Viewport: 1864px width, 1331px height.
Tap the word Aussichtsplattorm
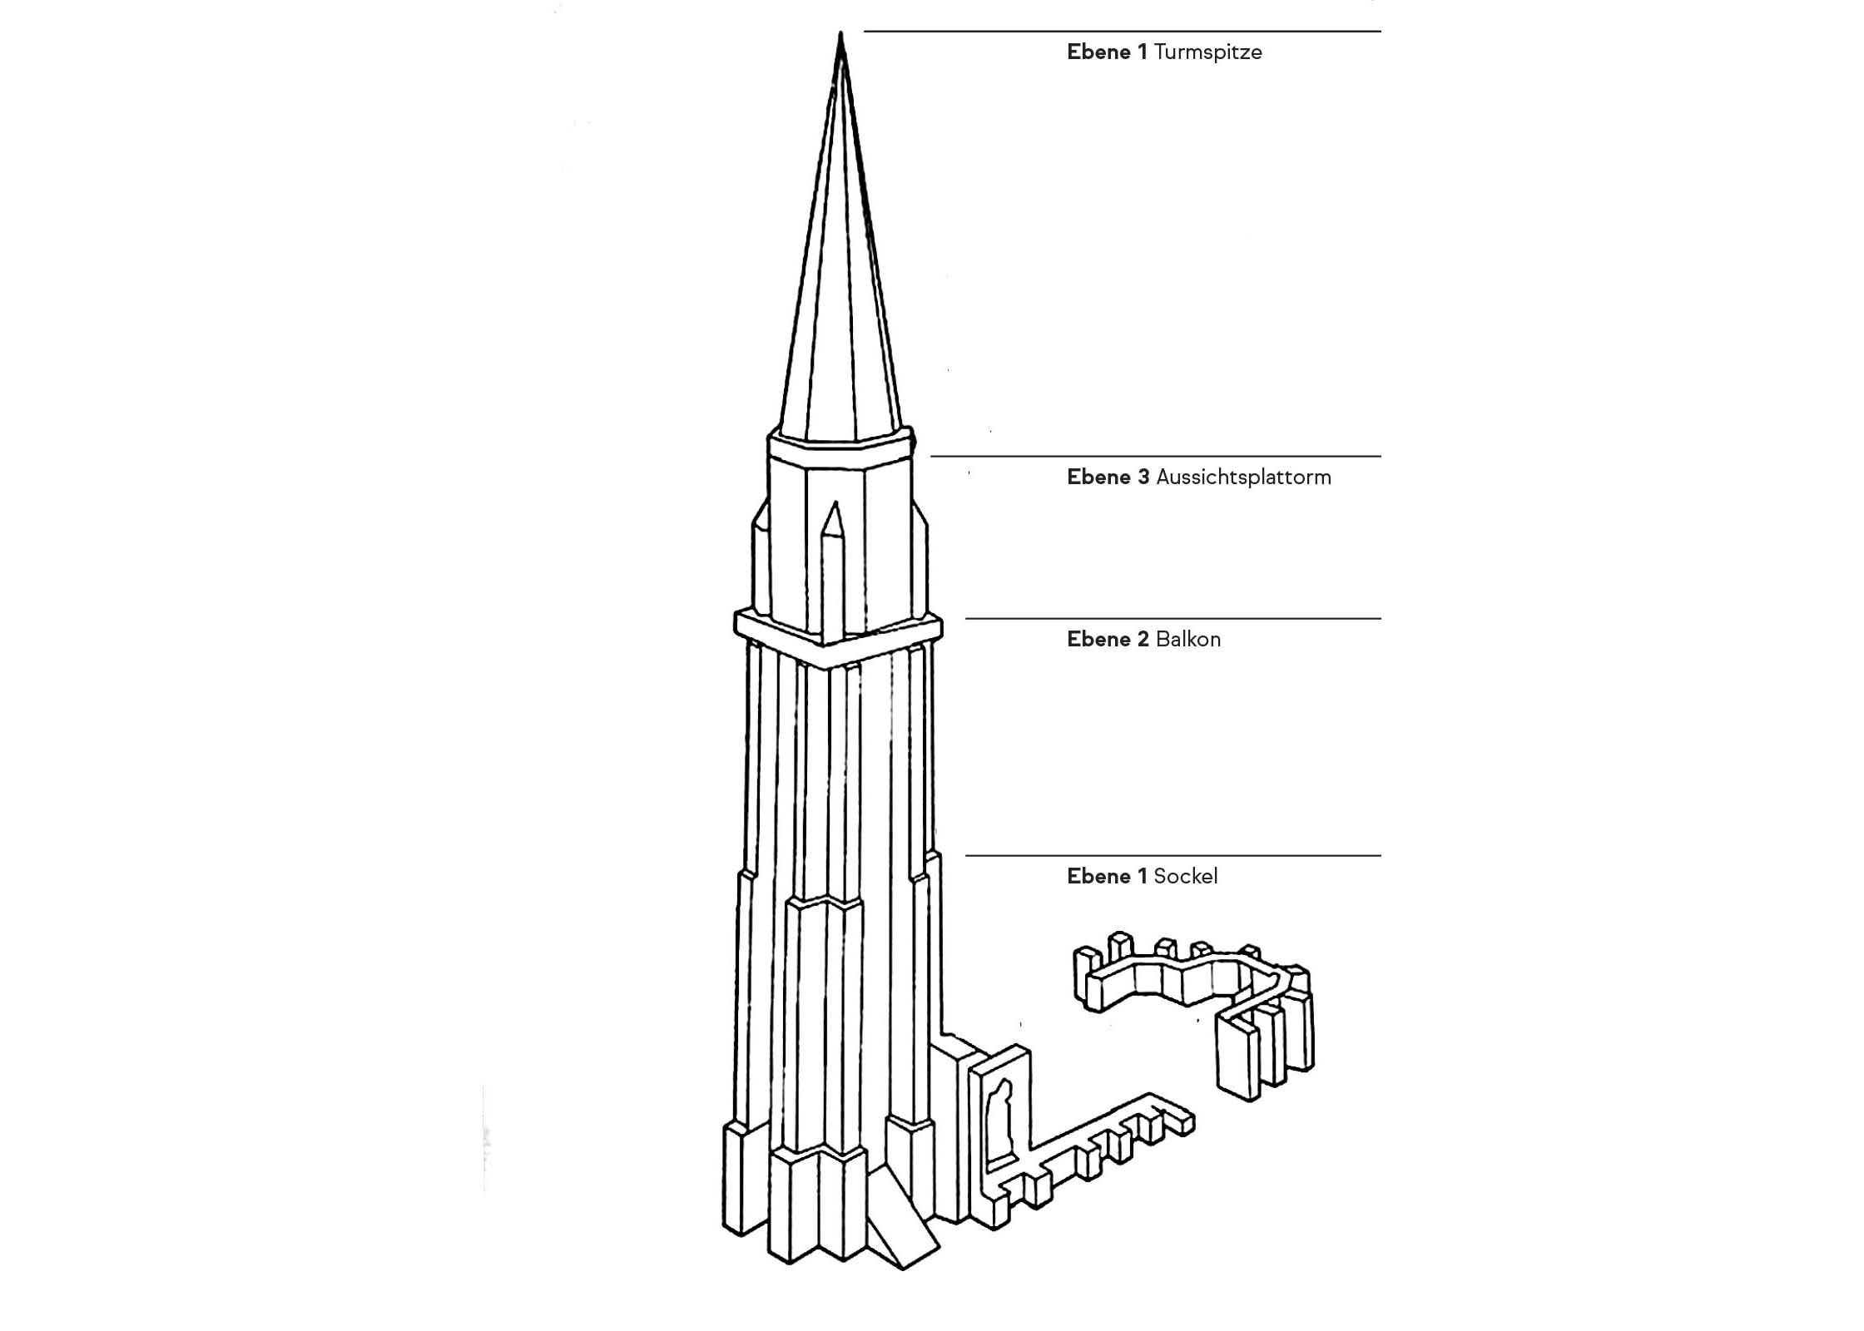click(1243, 477)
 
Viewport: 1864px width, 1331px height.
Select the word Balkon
click(1188, 640)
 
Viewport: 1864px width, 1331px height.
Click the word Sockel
click(1185, 876)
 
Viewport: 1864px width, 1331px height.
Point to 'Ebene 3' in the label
click(1108, 477)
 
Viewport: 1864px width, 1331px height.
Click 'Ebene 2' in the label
click(1108, 640)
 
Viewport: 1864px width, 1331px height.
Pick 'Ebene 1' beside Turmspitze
click(1107, 52)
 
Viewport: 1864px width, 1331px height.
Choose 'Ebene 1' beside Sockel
click(1107, 876)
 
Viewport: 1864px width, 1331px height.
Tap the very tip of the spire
click(840, 32)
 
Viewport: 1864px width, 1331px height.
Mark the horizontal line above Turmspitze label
click(1123, 32)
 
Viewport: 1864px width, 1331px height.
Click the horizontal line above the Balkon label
click(1173, 619)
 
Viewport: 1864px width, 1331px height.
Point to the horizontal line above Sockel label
click(1173, 855)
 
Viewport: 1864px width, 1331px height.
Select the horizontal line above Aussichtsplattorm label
click(1156, 456)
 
